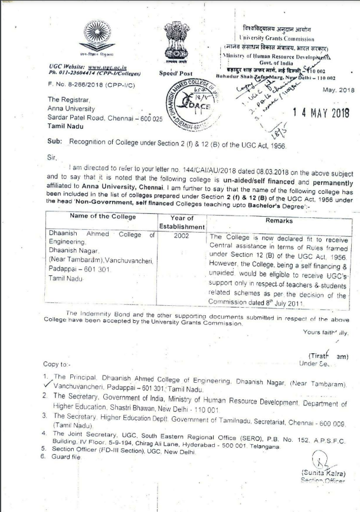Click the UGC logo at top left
[97, 35]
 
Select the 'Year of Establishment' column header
[182, 222]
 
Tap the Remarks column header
[275, 220]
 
